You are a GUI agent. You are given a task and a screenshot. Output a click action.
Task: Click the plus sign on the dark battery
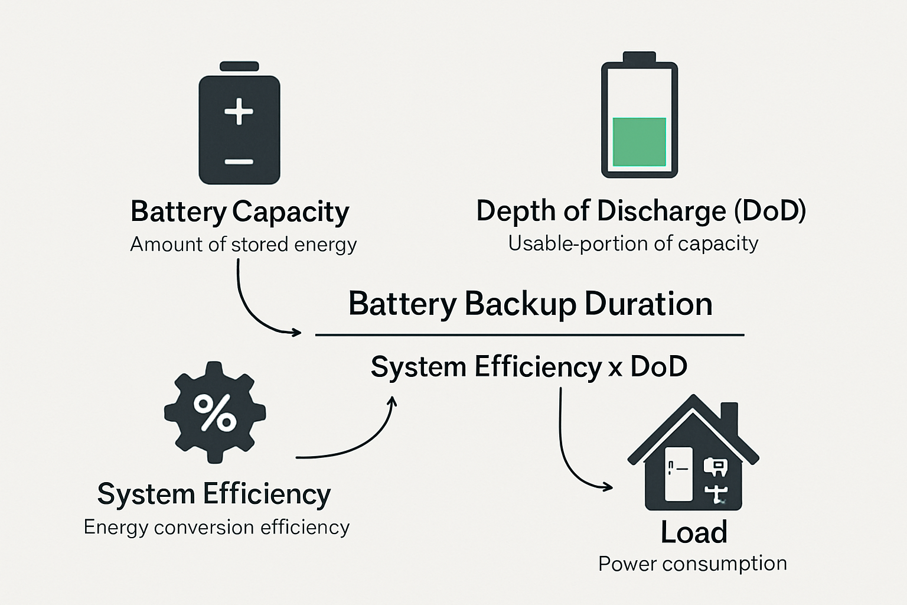point(239,111)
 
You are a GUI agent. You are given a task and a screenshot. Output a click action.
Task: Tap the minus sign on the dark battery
point(239,161)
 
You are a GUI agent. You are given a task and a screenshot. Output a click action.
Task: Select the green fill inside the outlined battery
point(640,142)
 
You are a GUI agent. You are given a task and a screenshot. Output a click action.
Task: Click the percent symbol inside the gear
point(215,412)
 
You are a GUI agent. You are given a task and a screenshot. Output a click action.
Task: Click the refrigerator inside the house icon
point(678,473)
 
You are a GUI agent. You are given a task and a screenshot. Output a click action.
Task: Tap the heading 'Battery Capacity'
point(240,212)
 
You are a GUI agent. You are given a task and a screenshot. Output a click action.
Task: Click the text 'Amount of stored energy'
point(243,244)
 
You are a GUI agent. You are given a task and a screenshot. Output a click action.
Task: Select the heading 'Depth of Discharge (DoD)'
point(641,211)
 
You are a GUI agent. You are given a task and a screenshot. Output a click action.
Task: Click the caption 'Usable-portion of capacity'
point(633,243)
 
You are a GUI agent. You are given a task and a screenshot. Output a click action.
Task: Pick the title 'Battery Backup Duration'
point(530,304)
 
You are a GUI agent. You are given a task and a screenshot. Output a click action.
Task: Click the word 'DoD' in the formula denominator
point(658,366)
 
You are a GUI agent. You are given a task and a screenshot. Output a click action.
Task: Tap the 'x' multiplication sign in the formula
point(615,369)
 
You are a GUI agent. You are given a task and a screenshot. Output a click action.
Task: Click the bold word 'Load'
point(694,532)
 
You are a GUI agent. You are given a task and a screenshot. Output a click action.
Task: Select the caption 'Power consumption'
point(693,563)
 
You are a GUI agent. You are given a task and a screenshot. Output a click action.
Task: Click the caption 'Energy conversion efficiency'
point(217,526)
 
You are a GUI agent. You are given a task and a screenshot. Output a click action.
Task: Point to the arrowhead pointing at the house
point(608,487)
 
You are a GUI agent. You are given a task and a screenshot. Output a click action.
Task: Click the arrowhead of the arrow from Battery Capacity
point(297,333)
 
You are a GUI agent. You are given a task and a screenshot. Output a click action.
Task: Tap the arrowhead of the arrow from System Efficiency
point(392,402)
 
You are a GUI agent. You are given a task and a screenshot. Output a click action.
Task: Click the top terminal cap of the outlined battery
point(640,57)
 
